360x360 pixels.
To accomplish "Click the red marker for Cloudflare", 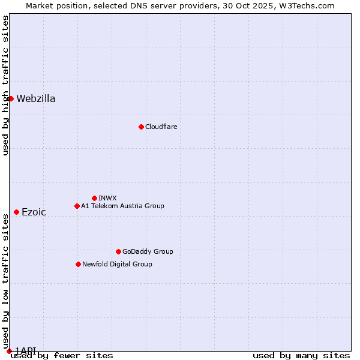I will tap(141, 127).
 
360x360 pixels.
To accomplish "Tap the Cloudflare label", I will tap(161, 127).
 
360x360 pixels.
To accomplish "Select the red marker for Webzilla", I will tap(11, 98).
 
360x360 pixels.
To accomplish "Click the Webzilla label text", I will tap(36, 99).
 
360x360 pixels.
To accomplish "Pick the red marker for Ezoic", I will tap(16, 212).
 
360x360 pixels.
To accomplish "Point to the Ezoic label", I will tap(34, 212).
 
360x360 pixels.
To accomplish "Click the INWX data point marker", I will tap(94, 198).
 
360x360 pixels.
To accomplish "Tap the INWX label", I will tap(107, 198).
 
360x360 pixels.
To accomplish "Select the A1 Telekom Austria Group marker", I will tap(77, 206).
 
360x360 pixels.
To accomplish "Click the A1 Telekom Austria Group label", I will tap(122, 206).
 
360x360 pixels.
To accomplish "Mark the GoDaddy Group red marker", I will tap(118, 251).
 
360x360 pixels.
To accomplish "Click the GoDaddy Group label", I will tap(148, 251).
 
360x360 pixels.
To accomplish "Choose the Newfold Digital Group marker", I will tap(78, 264).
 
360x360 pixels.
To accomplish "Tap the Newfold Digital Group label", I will tap(117, 264).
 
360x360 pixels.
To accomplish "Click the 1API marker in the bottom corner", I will tap(9, 351).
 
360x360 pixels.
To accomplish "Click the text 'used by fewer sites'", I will tap(62, 356).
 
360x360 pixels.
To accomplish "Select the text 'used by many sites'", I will tap(301, 356).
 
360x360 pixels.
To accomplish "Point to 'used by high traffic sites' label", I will tap(5, 85).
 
